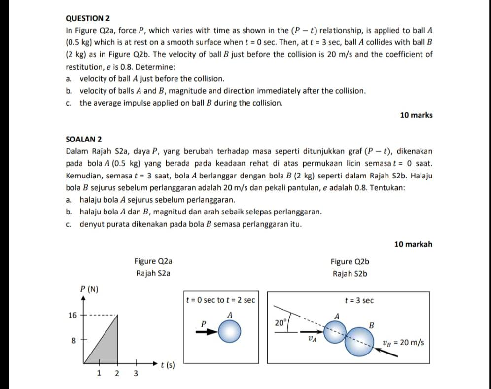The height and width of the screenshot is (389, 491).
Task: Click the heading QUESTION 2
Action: [x=88, y=18]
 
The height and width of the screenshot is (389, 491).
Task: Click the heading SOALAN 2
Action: [x=84, y=140]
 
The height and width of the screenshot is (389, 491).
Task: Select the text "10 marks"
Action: [x=416, y=115]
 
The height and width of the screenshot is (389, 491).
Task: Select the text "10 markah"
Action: [x=414, y=244]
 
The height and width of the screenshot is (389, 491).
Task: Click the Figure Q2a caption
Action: [x=153, y=261]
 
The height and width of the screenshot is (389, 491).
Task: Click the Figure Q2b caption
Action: [x=350, y=261]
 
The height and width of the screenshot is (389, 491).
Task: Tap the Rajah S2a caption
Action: [x=153, y=273]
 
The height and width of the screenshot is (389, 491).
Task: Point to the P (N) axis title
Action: [x=89, y=289]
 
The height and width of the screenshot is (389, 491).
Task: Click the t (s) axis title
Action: [x=168, y=365]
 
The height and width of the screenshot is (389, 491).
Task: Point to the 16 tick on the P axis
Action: [x=72, y=315]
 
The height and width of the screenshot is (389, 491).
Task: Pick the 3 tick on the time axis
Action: [x=136, y=373]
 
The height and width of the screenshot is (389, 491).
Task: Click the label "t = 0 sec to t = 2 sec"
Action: [x=221, y=300]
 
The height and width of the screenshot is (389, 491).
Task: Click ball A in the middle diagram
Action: [x=230, y=331]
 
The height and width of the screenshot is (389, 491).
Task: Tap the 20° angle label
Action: [x=281, y=323]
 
